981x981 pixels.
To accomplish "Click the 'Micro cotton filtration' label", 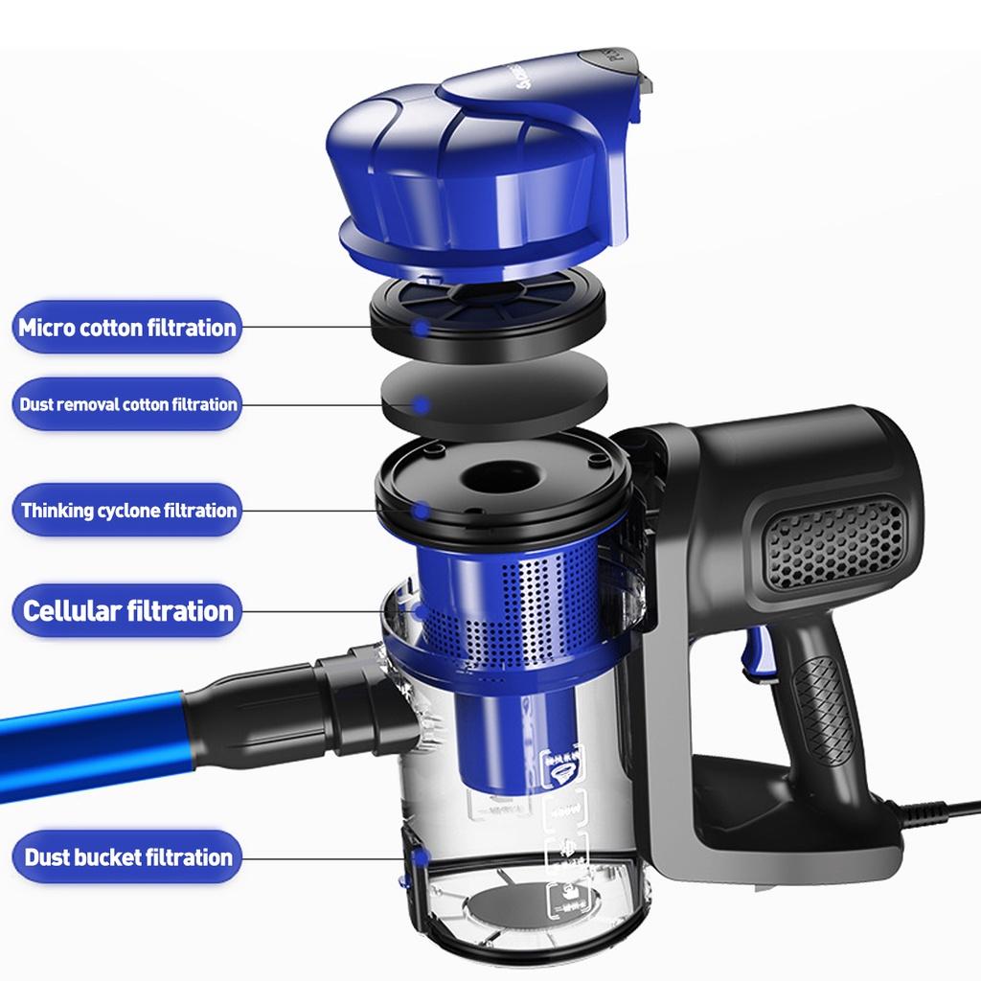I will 126,328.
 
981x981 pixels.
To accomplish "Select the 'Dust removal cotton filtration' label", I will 126,404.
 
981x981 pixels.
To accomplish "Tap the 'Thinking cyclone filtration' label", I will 127,511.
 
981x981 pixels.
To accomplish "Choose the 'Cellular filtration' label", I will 126,611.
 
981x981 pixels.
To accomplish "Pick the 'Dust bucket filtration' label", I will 126,857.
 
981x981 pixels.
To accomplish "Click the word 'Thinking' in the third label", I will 57,511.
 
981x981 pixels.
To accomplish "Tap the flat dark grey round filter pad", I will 495,393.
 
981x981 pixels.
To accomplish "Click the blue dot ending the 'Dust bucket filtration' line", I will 419,857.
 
